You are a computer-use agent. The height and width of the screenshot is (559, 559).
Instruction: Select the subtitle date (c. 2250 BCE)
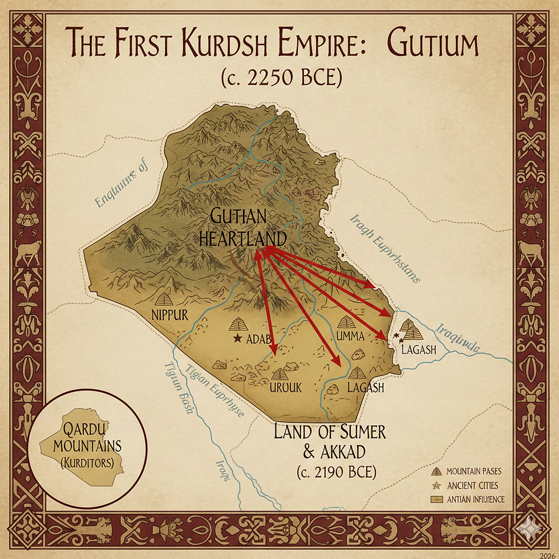tap(281, 77)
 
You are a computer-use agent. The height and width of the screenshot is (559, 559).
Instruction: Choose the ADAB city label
tap(258, 339)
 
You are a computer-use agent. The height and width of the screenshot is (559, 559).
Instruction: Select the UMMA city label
tap(350, 336)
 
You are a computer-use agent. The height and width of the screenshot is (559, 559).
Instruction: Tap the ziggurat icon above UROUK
tap(279, 374)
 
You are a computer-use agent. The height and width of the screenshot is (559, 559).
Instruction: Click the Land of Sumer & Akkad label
tap(330, 441)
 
